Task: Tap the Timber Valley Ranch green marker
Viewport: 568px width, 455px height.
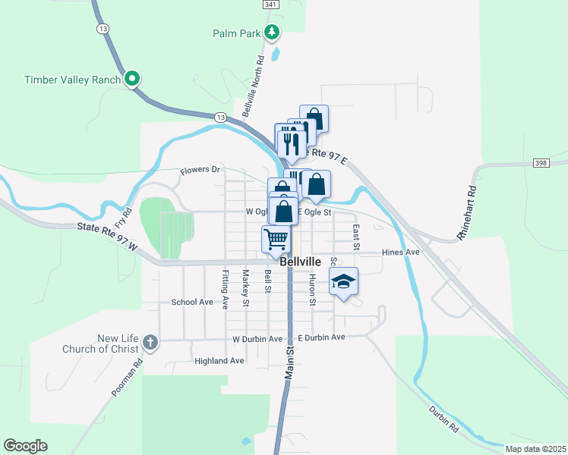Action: coord(132,79)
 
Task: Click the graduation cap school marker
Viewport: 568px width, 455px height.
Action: coord(343,281)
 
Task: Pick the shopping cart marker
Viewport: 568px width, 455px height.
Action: coord(276,239)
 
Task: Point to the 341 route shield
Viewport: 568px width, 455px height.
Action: coord(271,5)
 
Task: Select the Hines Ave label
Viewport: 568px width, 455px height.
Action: coord(401,253)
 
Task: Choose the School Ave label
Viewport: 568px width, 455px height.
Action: coord(192,302)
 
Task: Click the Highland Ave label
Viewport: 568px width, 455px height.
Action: coord(219,361)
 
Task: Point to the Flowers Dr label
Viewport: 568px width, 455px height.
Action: coord(200,171)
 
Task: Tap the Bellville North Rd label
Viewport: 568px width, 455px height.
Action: coord(252,86)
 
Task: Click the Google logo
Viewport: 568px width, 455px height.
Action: coord(25,446)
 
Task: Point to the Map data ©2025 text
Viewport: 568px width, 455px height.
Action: coord(535,449)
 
